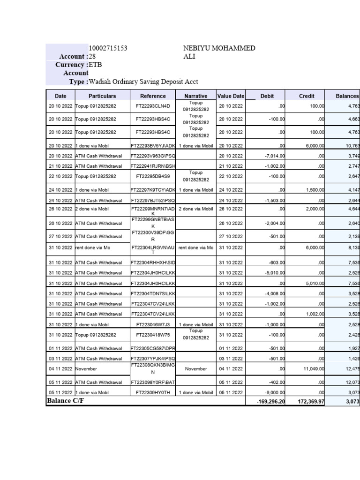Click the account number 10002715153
[x=108, y=48]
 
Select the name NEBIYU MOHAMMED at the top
[x=219, y=48]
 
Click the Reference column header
[x=153, y=96]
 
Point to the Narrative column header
[x=196, y=96]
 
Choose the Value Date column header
[x=231, y=96]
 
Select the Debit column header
[x=267, y=96]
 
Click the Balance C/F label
[x=66, y=401]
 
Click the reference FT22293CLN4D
[x=153, y=106]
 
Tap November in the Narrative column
[x=196, y=369]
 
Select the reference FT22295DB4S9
[x=153, y=177]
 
